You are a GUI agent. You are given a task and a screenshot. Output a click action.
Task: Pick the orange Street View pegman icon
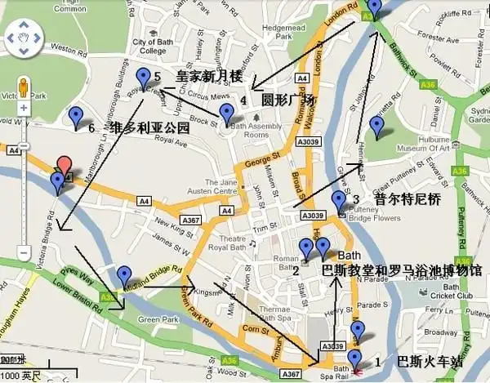(x=22, y=85)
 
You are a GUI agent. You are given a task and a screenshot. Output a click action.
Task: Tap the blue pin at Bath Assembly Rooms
(x=226, y=114)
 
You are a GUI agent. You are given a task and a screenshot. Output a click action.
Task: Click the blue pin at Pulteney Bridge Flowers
(x=339, y=200)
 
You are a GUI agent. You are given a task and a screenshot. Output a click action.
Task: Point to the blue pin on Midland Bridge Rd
(x=123, y=276)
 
